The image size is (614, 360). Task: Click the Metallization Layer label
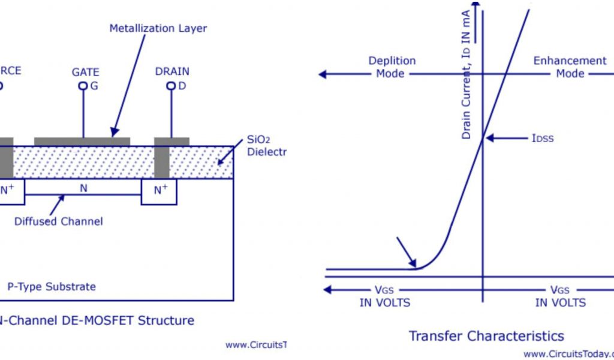tap(158, 28)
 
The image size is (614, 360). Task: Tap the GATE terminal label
tap(85, 72)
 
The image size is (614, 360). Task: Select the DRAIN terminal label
tap(172, 71)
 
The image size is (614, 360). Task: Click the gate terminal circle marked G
tap(83, 86)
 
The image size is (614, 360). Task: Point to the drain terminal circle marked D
tap(171, 86)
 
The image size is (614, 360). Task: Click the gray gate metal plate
tap(82, 141)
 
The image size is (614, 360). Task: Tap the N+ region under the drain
tap(160, 191)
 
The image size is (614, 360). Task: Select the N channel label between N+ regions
tap(83, 188)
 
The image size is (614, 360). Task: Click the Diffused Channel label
tap(59, 221)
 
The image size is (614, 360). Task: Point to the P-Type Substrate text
tap(51, 286)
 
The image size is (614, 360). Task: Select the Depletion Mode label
tap(392, 67)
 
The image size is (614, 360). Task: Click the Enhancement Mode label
tap(570, 67)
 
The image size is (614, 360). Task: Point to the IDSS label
tap(542, 138)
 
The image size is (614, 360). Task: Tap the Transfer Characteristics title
tap(486, 335)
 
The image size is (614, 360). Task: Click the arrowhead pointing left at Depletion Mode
tap(323, 74)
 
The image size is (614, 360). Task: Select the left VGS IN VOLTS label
tap(385, 297)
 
